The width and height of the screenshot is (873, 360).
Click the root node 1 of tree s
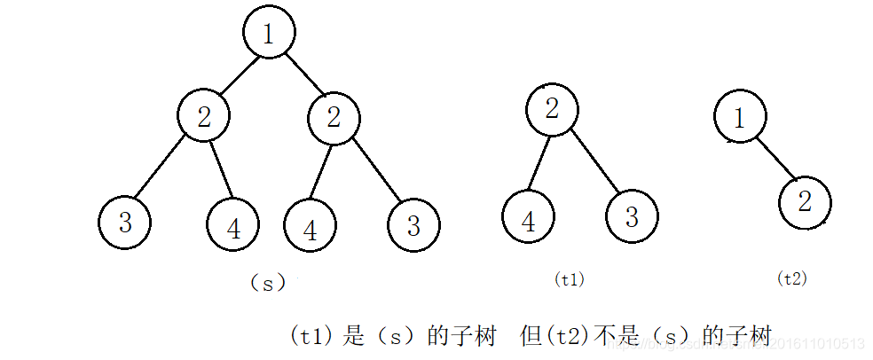tap(269, 33)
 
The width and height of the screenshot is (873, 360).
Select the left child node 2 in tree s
tap(203, 116)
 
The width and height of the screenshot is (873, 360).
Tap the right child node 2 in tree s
tap(334, 116)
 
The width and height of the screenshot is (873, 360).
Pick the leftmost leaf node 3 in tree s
tap(125, 223)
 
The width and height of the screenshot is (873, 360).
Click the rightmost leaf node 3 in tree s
tap(413, 224)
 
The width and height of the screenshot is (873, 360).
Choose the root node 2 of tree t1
tap(552, 109)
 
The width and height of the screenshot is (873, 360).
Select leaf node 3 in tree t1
tap(632, 216)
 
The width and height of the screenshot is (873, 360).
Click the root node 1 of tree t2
tap(740, 116)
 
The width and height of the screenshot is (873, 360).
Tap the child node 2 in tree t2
tap(805, 202)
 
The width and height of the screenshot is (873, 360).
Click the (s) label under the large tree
tap(268, 283)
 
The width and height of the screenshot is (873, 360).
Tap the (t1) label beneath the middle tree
tap(570, 278)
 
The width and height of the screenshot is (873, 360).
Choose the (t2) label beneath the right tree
tap(791, 278)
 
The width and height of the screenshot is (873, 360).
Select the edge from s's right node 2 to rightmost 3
tap(376, 171)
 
